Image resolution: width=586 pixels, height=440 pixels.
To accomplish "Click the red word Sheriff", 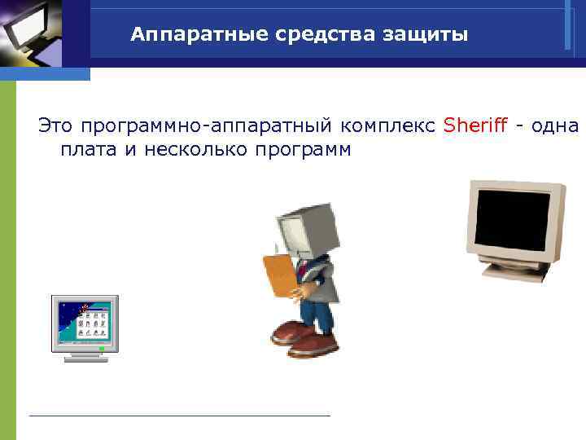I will tap(475, 125).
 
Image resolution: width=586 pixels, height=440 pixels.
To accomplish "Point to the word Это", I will tap(56, 125).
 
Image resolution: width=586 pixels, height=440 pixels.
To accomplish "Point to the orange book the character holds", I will tap(280, 274).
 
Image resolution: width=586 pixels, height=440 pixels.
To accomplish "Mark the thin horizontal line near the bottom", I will tap(179, 416).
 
